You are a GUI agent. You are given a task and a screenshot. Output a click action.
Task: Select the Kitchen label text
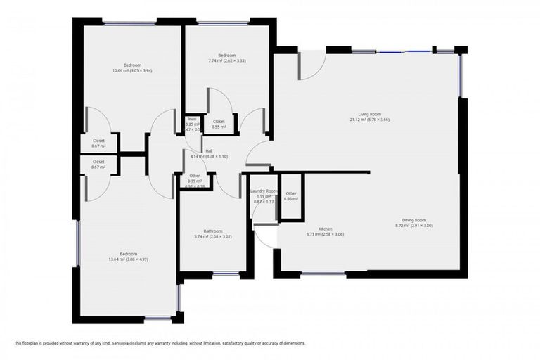click(325, 229)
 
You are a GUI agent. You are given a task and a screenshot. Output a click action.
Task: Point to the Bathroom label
click(213, 231)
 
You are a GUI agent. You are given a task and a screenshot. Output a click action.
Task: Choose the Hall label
click(209, 151)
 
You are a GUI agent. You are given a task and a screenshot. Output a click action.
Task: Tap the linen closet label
click(191, 120)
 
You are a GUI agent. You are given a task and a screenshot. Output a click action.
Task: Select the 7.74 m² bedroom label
click(226, 56)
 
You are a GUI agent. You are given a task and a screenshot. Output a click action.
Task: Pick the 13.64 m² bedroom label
click(128, 254)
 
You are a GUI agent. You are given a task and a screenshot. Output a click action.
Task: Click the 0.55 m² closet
click(219, 124)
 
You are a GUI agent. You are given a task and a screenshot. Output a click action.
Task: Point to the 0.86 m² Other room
click(291, 196)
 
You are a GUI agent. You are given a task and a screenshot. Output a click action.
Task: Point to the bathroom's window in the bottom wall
click(226, 274)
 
